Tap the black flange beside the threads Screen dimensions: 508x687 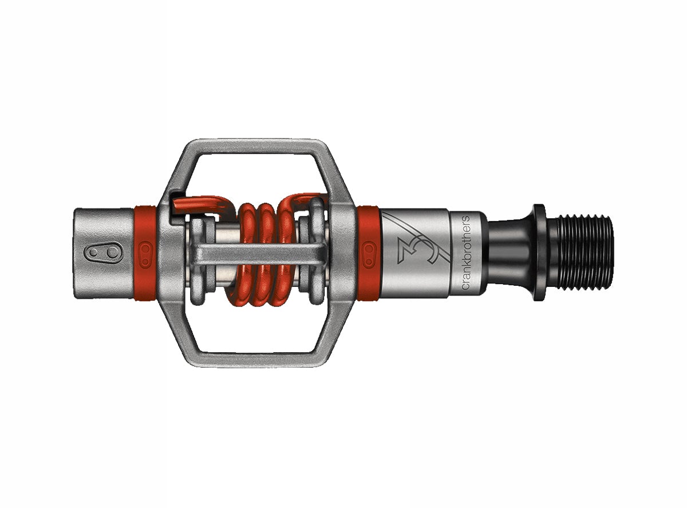click(x=539, y=252)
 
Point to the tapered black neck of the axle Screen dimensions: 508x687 click(x=510, y=252)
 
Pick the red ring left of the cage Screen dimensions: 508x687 click(x=145, y=252)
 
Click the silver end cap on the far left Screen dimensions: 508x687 click(x=103, y=252)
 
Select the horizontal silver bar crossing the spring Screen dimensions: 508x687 click(x=258, y=252)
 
